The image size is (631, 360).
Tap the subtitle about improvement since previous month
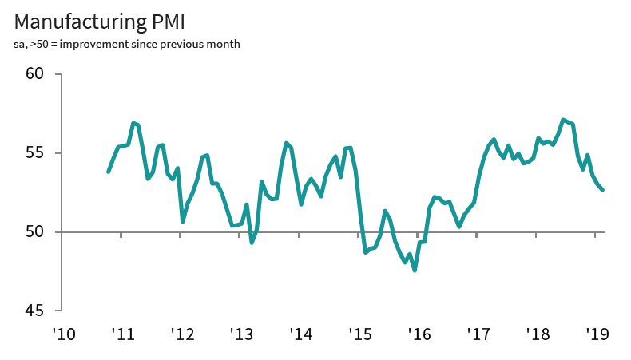click(x=127, y=44)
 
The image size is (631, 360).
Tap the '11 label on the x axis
click(x=121, y=334)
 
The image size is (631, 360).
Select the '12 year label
click(x=181, y=334)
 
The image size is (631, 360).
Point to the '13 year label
click(x=240, y=334)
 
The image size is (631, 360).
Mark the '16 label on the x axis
click(x=418, y=334)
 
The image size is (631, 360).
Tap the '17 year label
click(x=478, y=334)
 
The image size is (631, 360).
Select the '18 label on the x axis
click(x=537, y=334)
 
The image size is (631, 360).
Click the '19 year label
click(x=596, y=334)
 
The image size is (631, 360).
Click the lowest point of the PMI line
click(x=415, y=271)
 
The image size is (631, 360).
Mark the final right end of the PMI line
click(x=602, y=189)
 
